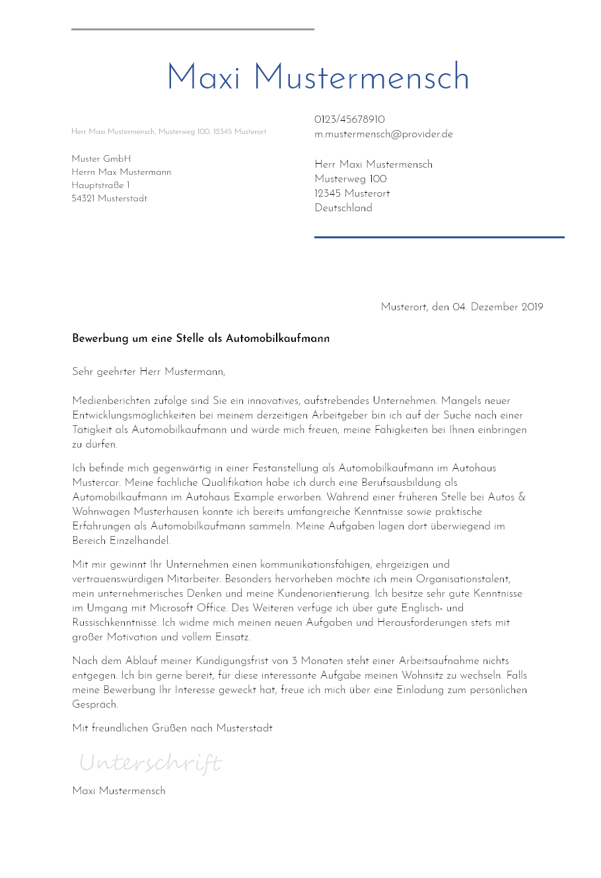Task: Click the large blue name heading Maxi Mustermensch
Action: click(318, 78)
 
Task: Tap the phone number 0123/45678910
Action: click(349, 119)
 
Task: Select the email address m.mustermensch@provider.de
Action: click(384, 134)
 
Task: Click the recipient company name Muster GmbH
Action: click(101, 159)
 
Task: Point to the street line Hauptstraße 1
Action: click(100, 186)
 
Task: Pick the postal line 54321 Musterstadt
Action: click(109, 199)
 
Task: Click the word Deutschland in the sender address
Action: click(343, 208)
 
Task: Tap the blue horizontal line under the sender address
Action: click(439, 237)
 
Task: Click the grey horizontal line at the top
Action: click(192, 29)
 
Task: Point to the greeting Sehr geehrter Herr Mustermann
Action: click(149, 372)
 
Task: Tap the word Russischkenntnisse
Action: click(115, 623)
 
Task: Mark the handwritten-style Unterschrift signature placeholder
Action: click(150, 763)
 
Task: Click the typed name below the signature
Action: click(119, 791)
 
